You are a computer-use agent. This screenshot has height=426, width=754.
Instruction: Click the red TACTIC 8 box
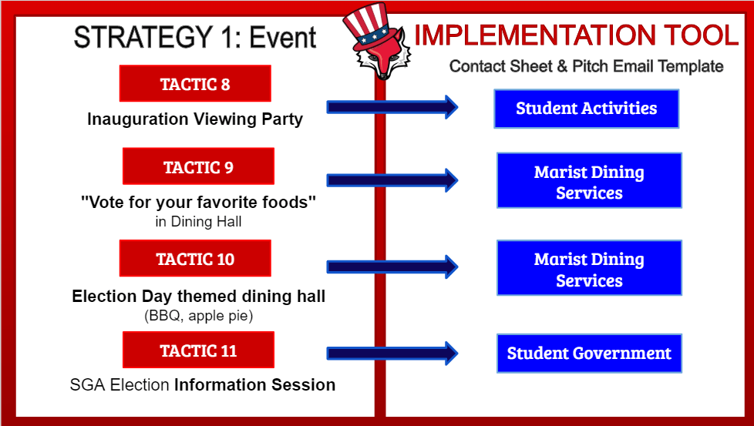point(195,83)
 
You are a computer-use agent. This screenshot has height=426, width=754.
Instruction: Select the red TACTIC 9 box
point(199,166)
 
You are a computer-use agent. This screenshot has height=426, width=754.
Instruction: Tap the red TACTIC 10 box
point(195,258)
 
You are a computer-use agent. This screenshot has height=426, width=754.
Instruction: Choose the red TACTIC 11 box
point(199,350)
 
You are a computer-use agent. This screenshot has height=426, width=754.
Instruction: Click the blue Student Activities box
point(587,109)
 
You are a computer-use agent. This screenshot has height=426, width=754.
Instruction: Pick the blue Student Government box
point(590,354)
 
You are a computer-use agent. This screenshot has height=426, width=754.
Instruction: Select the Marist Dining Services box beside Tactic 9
point(590,180)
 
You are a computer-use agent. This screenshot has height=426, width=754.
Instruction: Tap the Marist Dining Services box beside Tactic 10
point(590,268)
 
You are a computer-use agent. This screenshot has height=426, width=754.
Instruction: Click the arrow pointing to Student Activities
point(392,106)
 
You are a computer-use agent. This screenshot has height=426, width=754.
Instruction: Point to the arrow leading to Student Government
point(392,354)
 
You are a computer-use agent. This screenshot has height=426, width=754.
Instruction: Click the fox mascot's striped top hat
point(366,26)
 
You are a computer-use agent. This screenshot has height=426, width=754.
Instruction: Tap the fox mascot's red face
point(383,55)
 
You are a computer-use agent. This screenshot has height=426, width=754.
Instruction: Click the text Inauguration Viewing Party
point(195,119)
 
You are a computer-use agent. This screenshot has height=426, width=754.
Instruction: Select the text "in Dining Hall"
point(198,222)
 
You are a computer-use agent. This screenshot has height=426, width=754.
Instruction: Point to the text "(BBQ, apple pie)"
point(199,316)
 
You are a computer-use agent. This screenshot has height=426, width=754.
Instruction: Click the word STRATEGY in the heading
point(143,38)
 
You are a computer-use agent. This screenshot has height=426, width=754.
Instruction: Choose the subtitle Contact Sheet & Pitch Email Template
point(586,66)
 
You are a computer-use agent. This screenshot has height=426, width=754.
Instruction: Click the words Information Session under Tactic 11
point(255,384)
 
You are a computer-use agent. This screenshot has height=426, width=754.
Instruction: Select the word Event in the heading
point(283,38)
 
